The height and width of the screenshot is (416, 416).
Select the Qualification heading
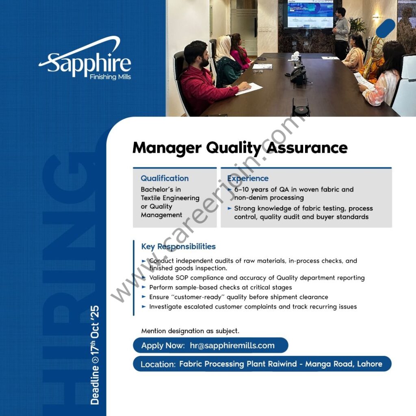pos(165,178)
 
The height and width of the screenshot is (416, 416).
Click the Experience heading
pos(248,178)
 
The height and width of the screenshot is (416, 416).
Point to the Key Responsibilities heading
pos(178,247)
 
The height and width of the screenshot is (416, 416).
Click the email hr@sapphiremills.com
pos(232,346)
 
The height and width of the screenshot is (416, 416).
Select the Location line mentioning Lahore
pos(261,364)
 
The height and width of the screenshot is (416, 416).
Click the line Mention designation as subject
pos(190,331)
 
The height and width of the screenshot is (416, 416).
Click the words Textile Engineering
pos(170,198)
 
